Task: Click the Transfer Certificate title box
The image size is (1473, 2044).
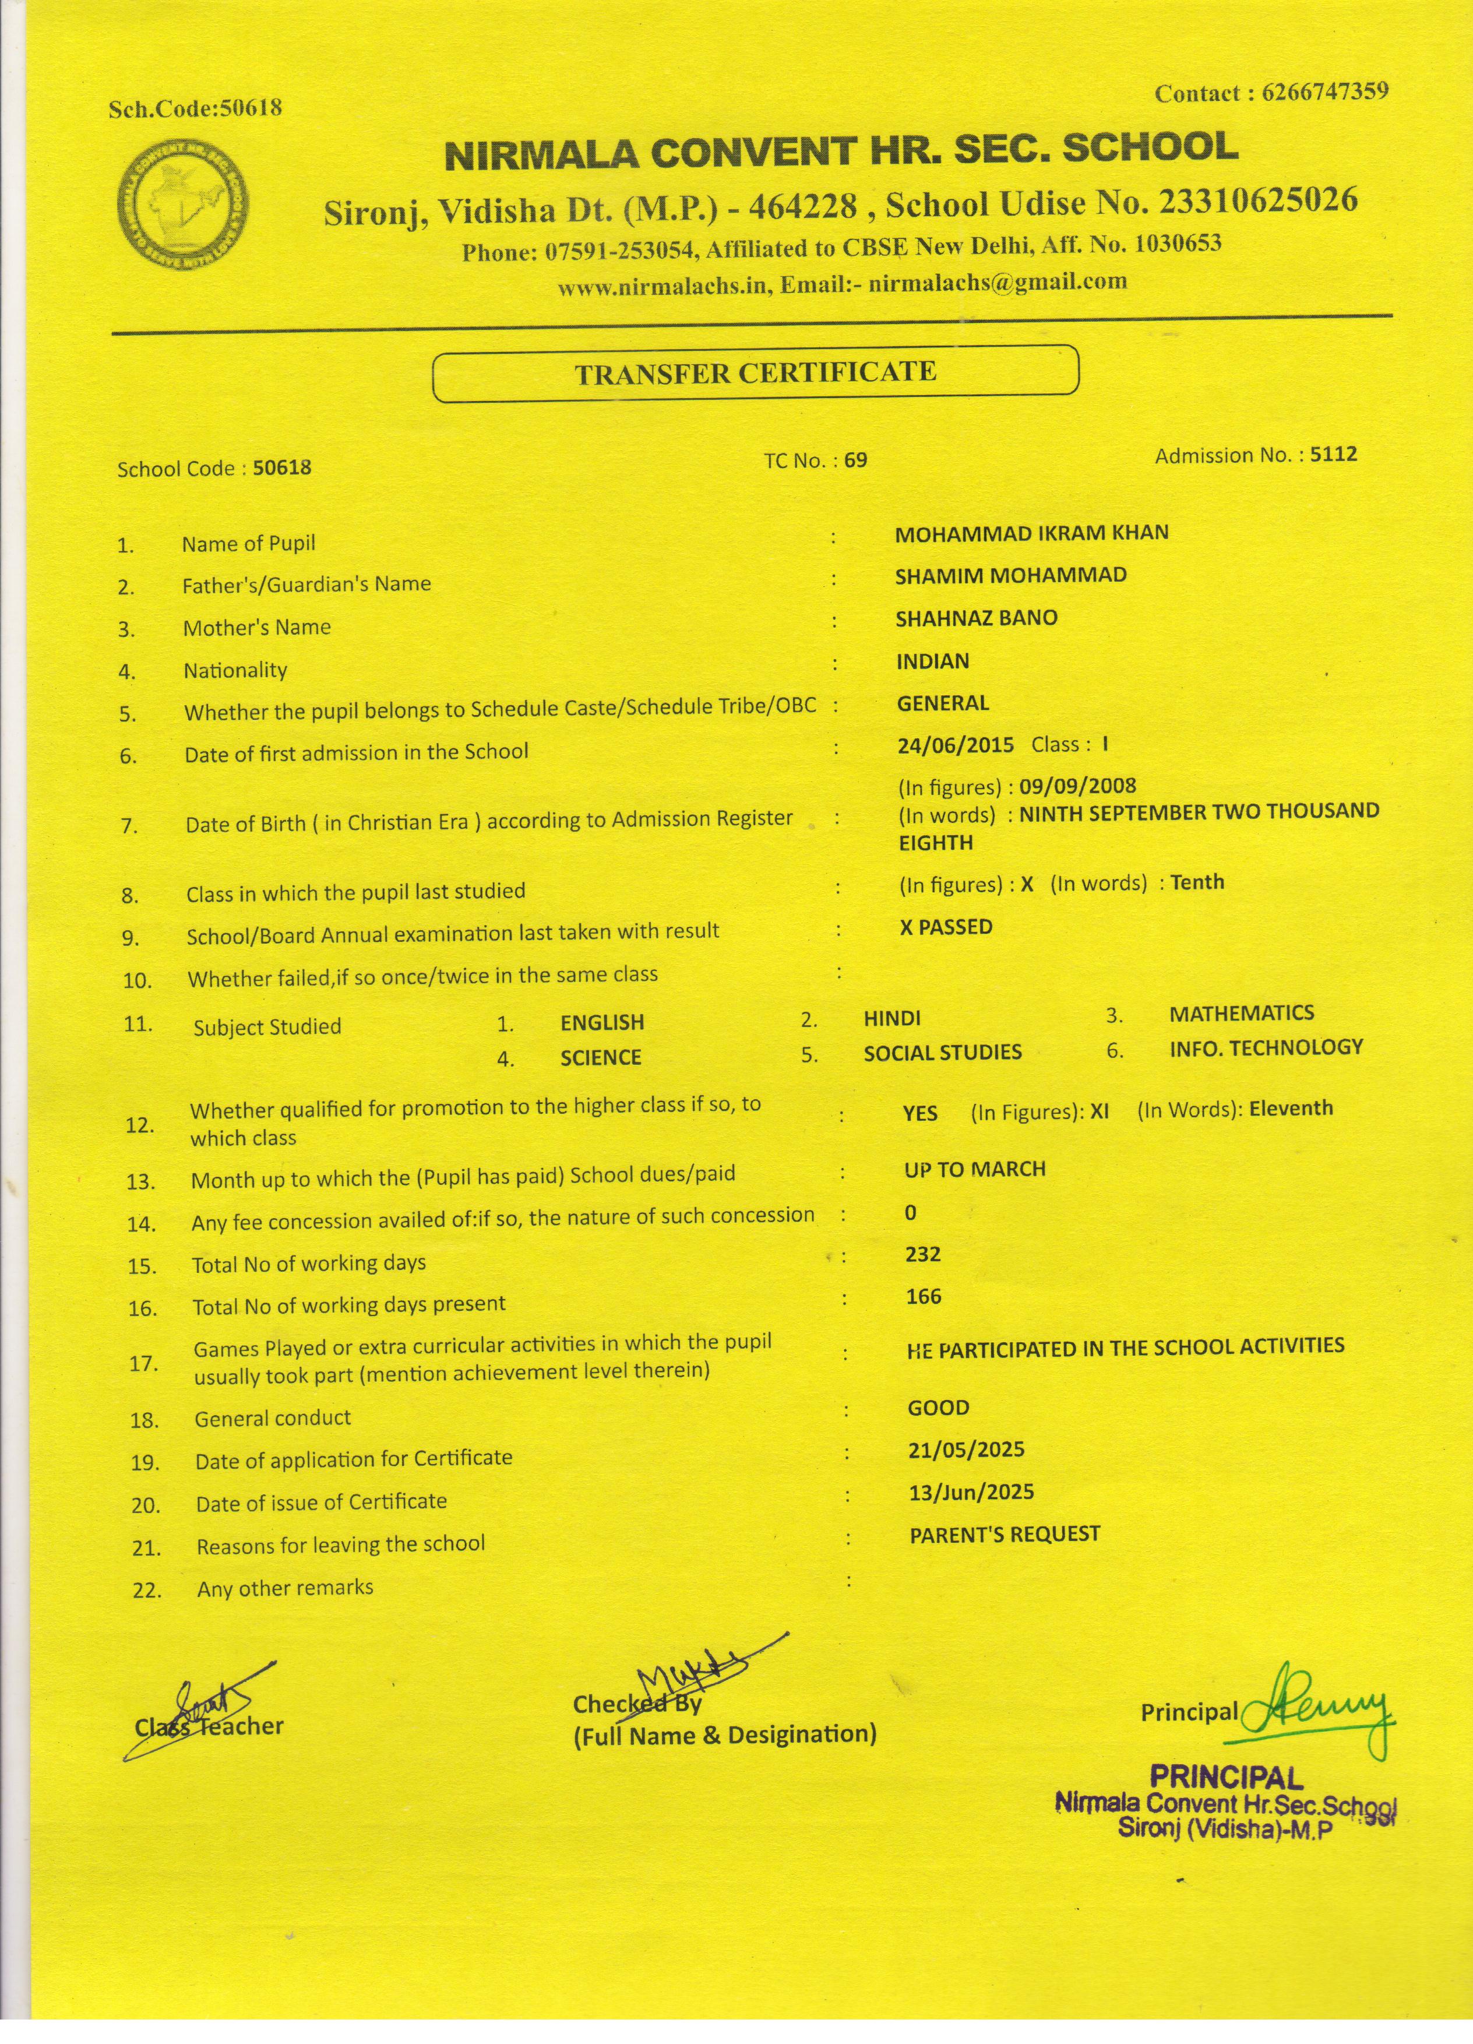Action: [755, 373]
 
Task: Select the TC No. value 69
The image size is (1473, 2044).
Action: [856, 460]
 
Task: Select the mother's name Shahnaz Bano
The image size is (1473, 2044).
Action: [976, 618]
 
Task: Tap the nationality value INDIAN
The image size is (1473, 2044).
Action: [932, 662]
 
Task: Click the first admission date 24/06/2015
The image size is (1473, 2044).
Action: [955, 745]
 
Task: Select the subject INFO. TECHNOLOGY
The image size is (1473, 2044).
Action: [1265, 1047]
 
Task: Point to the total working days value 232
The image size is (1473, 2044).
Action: [924, 1254]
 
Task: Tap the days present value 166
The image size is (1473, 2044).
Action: [924, 1297]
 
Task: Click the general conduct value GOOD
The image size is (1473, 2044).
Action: [938, 1408]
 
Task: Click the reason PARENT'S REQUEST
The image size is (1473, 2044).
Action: [1005, 1535]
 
